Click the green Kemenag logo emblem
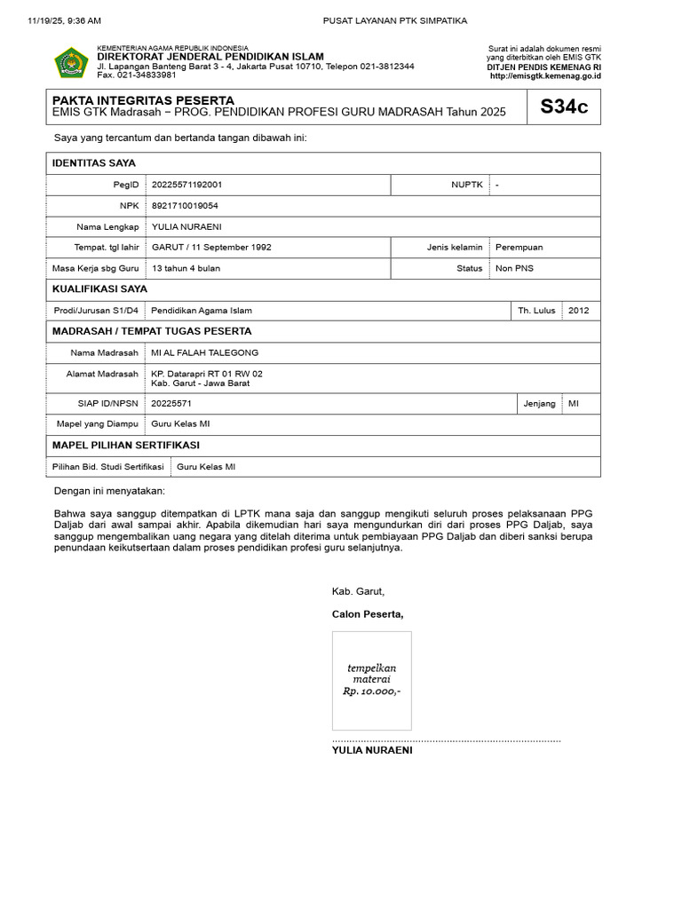pyautogui.click(x=72, y=62)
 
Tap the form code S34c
pyautogui.click(x=564, y=107)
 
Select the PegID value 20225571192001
pyautogui.click(x=187, y=185)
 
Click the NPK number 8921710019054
pyautogui.click(x=185, y=205)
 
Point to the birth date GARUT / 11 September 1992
pyautogui.click(x=211, y=247)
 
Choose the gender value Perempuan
pyautogui.click(x=519, y=247)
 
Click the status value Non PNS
pyautogui.click(x=514, y=268)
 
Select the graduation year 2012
pyautogui.click(x=578, y=311)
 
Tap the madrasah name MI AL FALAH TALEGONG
pyautogui.click(x=204, y=352)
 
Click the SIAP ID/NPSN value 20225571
pyautogui.click(x=171, y=403)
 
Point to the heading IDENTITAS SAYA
pyautogui.click(x=94, y=163)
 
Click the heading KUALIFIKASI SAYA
pyautogui.click(x=99, y=289)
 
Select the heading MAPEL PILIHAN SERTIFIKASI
pyautogui.click(x=126, y=445)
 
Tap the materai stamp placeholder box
pyautogui.click(x=371, y=680)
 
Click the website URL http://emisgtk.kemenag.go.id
pyautogui.click(x=545, y=76)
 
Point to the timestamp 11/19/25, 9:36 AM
pyautogui.click(x=65, y=20)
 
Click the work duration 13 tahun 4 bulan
pyautogui.click(x=186, y=268)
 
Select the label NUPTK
pyautogui.click(x=466, y=185)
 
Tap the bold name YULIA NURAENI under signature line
pyautogui.click(x=372, y=750)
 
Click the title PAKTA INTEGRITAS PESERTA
pyautogui.click(x=144, y=100)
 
